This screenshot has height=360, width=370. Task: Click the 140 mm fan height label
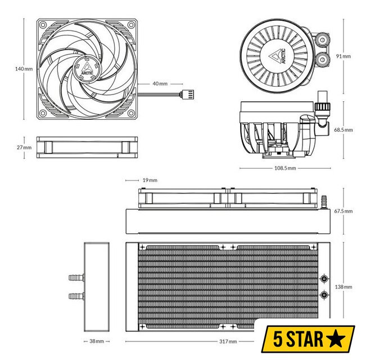pos(24,69)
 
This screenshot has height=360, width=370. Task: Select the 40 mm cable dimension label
pos(160,84)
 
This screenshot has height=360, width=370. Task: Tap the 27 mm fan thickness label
pos(24,147)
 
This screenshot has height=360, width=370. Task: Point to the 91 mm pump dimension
pos(344,56)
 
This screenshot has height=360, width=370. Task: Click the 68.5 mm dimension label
pos(344,129)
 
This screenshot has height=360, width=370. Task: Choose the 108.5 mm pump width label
pos(285,168)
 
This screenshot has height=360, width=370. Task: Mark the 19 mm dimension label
pos(150,180)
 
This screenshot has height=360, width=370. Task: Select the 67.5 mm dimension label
pos(344,211)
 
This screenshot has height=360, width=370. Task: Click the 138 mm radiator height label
pos(344,287)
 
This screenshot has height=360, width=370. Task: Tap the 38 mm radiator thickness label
pos(97,341)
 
